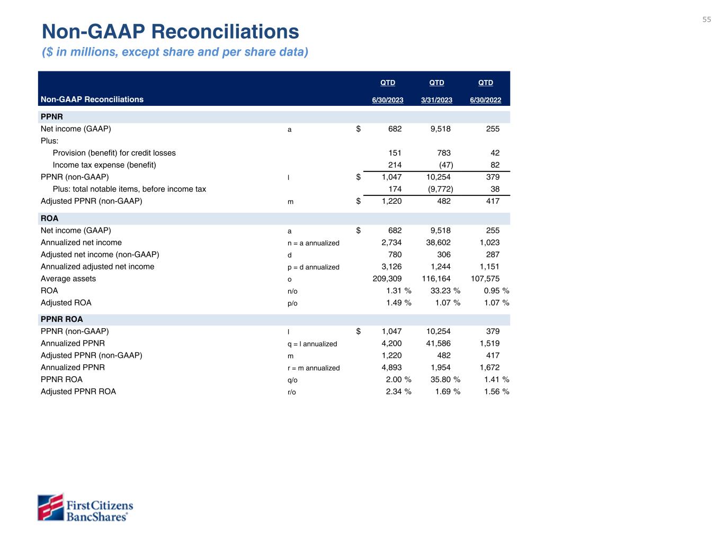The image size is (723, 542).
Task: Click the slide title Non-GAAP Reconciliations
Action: click(x=171, y=32)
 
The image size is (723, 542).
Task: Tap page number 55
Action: click(x=707, y=20)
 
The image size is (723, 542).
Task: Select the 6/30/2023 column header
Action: click(x=388, y=100)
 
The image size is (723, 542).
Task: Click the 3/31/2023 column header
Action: click(x=436, y=100)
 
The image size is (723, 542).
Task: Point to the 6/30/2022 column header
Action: click(x=485, y=100)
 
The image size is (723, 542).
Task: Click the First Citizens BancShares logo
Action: click(x=85, y=508)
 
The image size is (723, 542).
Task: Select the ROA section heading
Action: click(x=50, y=218)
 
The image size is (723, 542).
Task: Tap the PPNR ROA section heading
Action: click(x=62, y=319)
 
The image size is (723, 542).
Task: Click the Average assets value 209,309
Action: click(x=387, y=278)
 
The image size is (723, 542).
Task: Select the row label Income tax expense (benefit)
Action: click(x=104, y=165)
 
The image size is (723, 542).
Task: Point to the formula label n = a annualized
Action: click(x=309, y=243)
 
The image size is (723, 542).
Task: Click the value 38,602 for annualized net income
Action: click(x=438, y=242)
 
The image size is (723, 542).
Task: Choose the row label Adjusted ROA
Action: click(x=66, y=303)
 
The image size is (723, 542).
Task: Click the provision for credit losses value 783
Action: click(x=444, y=153)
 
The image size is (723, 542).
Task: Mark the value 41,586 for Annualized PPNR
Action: click(x=438, y=344)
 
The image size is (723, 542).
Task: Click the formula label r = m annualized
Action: click(x=310, y=368)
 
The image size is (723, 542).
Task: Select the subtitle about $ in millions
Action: click(x=175, y=52)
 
